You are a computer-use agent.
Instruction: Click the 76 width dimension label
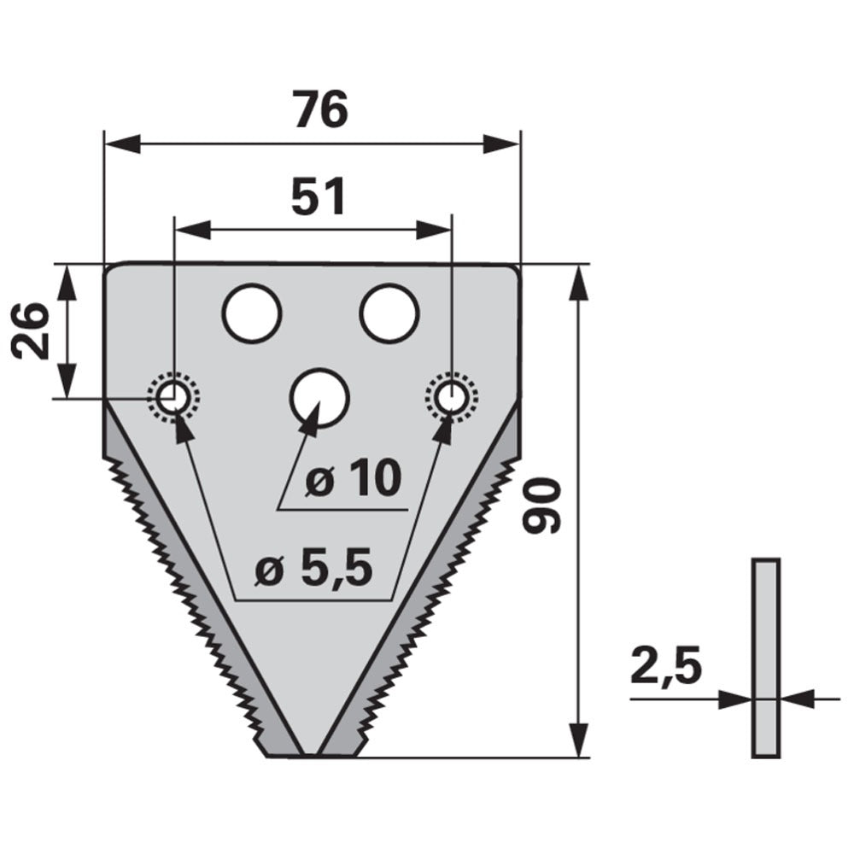coord(320,109)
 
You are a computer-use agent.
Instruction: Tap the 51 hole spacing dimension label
coord(319,196)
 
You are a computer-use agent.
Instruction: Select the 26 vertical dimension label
coord(31,330)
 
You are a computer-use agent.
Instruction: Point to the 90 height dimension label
coord(541,505)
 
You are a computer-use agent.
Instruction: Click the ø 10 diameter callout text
coord(353,479)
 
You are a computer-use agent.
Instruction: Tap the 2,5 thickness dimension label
coord(665,666)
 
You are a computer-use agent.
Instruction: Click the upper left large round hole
coord(252,313)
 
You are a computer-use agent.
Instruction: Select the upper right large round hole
coord(389,313)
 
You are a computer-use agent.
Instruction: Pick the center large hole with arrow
coord(319,397)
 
